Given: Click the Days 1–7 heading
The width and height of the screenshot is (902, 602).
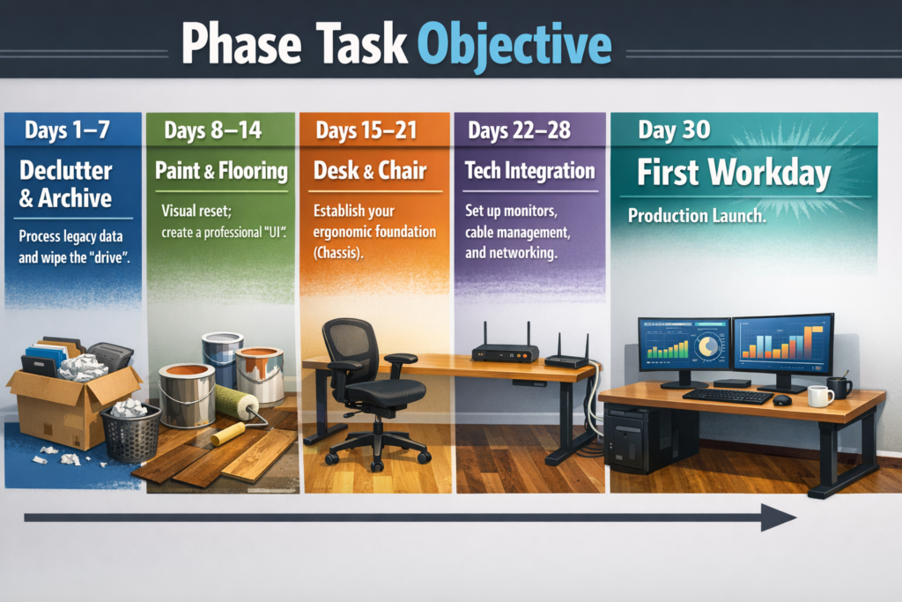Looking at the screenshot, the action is pos(67,130).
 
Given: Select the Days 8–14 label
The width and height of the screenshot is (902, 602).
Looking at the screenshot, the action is pos(213,130).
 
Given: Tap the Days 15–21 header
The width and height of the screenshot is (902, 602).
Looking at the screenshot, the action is pos(366,130).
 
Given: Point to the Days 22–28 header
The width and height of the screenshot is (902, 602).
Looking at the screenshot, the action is pos(520,130).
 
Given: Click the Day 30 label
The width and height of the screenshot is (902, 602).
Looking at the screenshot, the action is pos(674,130).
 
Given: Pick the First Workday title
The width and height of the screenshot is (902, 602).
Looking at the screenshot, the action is pos(734,172).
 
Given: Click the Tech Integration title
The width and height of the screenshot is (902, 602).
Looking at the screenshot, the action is pos(529,170).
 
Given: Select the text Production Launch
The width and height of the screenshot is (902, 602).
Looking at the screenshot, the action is pos(697,216).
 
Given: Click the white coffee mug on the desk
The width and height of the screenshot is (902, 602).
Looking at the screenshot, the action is pos(820,396).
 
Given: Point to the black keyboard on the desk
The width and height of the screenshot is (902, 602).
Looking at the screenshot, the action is pos(728,396).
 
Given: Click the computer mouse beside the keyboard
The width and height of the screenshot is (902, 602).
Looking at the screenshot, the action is pos(782,399).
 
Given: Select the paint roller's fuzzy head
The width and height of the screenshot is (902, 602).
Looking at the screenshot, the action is pos(236,400).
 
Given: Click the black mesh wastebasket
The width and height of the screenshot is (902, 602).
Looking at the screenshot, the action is pos(131,433).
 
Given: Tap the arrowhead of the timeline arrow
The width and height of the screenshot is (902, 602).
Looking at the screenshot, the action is pos(779,517).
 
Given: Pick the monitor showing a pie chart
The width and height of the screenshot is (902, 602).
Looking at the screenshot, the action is pos(684,352).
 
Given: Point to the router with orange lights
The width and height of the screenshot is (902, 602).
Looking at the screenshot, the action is pos(505,350).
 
